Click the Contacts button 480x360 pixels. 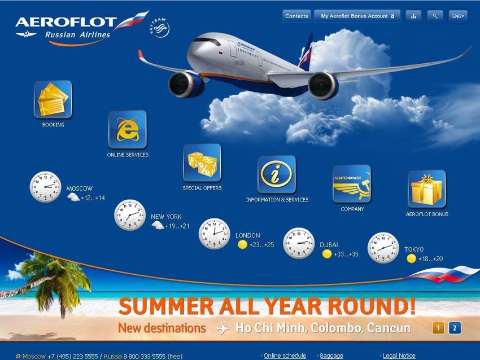[x=296, y=16]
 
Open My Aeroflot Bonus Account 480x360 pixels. [x=357, y=16]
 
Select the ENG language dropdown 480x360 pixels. [x=458, y=16]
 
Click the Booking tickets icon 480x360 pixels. [x=53, y=99]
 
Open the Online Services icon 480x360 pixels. [x=128, y=129]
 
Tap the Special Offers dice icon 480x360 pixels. [x=202, y=163]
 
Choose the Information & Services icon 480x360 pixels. [x=277, y=174]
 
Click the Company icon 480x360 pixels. [x=351, y=184]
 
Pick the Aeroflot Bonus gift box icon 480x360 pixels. [x=427, y=189]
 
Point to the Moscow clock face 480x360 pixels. [x=45, y=187]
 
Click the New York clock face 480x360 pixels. [x=130, y=215]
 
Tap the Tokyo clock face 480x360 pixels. [x=383, y=248]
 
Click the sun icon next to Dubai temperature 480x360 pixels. [x=327, y=254]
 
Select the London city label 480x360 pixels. [x=248, y=235]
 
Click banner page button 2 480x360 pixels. [x=455, y=328]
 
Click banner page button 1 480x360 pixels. [x=438, y=328]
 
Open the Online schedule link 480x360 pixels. [x=285, y=355]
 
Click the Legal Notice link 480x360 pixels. [x=399, y=355]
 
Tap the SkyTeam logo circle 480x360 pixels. [x=160, y=28]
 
